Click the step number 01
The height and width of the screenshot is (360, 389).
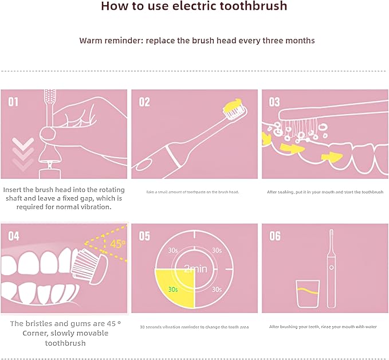tap(13, 102)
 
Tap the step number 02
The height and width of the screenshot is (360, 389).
tap(144, 102)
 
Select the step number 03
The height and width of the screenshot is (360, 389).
tap(275, 102)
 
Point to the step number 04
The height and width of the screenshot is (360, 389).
tap(13, 236)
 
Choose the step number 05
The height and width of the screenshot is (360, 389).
tap(144, 236)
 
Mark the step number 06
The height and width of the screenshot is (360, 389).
tap(275, 236)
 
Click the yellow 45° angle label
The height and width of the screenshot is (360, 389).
tap(117, 244)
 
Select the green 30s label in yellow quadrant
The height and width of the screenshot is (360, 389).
tap(172, 289)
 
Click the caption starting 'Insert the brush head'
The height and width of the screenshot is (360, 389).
tap(63, 198)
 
